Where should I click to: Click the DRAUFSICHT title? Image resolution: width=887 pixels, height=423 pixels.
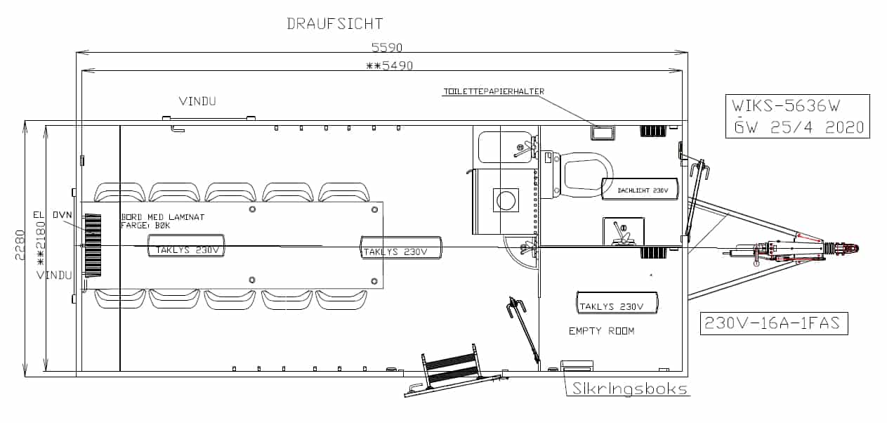tap(335, 23)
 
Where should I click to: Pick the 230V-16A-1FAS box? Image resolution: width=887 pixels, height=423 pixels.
tap(774, 324)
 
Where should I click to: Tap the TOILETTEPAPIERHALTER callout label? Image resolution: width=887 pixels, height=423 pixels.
tap(493, 91)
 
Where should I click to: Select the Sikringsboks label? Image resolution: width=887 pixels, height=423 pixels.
tap(629, 389)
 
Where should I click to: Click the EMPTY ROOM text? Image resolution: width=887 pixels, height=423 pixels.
tap(601, 330)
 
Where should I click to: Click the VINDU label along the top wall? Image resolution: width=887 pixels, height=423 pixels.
tap(197, 101)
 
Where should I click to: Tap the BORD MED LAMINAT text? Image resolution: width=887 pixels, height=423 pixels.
tap(163, 217)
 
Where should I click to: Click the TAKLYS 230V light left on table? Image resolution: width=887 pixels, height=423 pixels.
tap(185, 249)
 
